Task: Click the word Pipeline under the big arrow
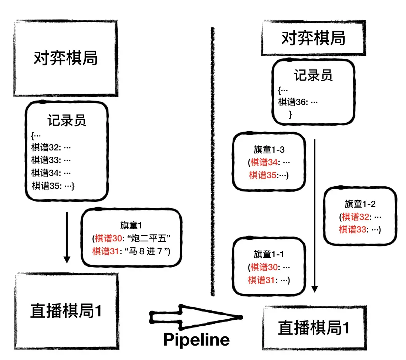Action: click(196, 339)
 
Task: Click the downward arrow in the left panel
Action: click(67, 237)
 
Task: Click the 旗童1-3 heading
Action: click(269, 150)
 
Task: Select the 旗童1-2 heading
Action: click(360, 204)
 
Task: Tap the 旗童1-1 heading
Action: click(269, 254)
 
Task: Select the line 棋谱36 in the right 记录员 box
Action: click(298, 102)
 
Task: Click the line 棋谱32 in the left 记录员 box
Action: click(51, 148)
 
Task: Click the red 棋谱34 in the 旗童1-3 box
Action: click(263, 162)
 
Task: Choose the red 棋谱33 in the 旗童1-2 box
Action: click(353, 229)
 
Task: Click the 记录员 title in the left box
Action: click(67, 120)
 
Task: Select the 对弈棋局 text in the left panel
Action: click(66, 58)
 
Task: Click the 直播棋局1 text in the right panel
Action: click(314, 328)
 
